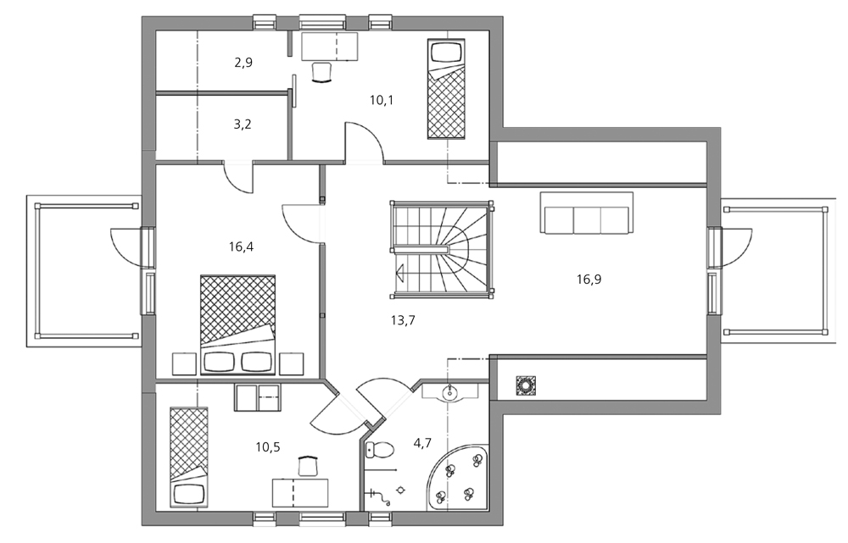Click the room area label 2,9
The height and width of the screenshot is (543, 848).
pyautogui.click(x=243, y=62)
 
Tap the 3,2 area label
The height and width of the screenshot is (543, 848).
pyautogui.click(x=243, y=125)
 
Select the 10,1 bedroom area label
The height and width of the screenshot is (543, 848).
pyautogui.click(x=382, y=100)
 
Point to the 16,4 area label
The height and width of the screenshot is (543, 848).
pyautogui.click(x=241, y=247)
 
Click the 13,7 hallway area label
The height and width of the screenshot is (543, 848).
pyautogui.click(x=403, y=320)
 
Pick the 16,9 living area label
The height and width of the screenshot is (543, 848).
pyautogui.click(x=589, y=280)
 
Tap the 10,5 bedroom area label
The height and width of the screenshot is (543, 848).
pyautogui.click(x=268, y=446)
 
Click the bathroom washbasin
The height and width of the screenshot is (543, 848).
pyautogui.click(x=449, y=391)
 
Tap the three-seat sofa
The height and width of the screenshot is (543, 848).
pyautogui.click(x=587, y=213)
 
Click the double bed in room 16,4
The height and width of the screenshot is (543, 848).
pyautogui.click(x=238, y=324)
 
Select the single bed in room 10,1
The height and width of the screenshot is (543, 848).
pyautogui.click(x=446, y=88)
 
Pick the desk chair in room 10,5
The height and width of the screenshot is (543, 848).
pyautogui.click(x=309, y=466)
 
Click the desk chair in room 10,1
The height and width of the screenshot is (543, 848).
pyautogui.click(x=321, y=72)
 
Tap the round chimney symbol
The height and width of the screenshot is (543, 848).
pyautogui.click(x=525, y=385)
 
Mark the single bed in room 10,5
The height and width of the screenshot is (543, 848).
pyautogui.click(x=189, y=457)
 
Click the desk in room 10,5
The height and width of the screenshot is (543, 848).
pyautogui.click(x=300, y=493)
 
